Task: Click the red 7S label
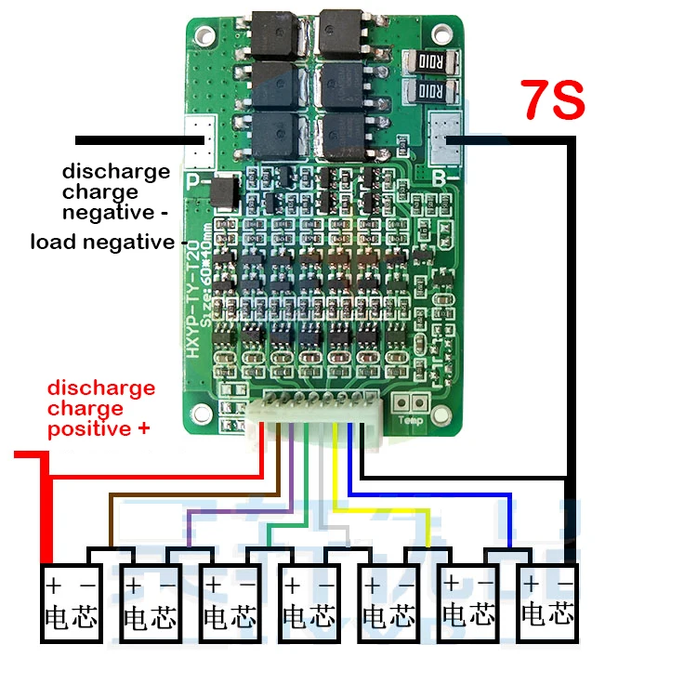pyautogui.click(x=553, y=100)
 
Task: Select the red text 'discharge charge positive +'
pyautogui.click(x=101, y=408)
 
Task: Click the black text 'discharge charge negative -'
pyautogui.click(x=116, y=192)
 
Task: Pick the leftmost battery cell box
pyautogui.click(x=71, y=603)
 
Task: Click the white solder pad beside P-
pyautogui.click(x=199, y=139)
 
